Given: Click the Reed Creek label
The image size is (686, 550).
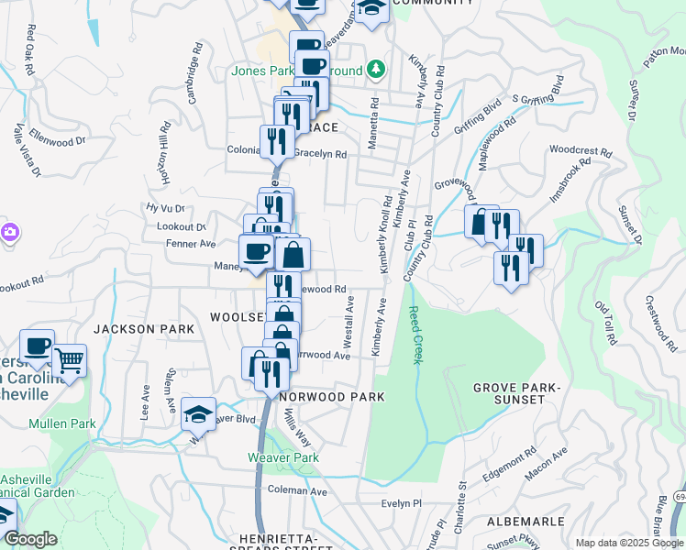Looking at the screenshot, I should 415,335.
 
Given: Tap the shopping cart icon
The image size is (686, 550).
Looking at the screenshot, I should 70,359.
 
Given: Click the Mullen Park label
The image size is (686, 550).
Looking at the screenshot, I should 62,423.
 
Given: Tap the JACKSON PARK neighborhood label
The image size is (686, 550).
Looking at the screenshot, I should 143,328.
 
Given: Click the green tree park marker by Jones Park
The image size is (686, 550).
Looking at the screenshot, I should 374,70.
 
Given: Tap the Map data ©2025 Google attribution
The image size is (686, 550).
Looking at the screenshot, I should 629,543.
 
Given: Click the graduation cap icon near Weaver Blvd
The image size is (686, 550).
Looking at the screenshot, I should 198,413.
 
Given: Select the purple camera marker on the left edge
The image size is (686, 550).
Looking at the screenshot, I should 7,233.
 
